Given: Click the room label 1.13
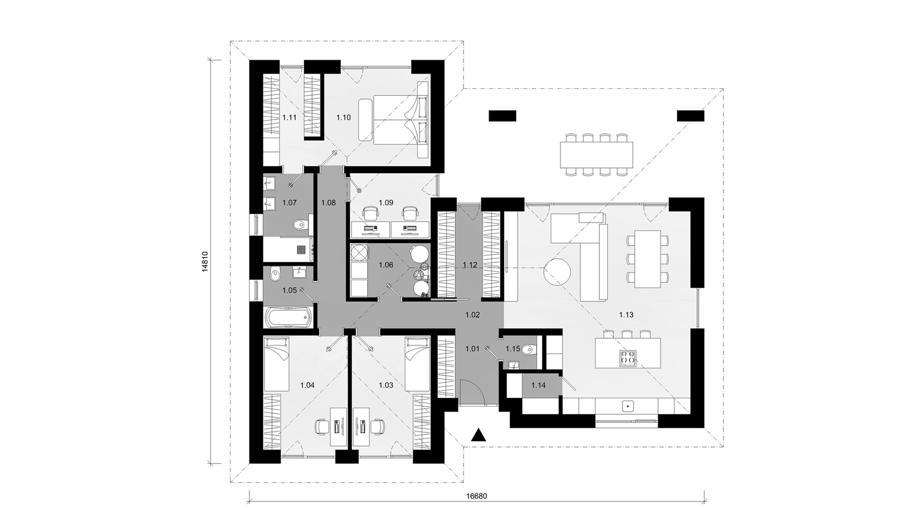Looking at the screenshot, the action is [626, 314].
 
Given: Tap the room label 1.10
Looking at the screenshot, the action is [343, 118].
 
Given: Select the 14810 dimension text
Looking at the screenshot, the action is [205, 262].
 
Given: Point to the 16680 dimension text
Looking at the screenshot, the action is [477, 496].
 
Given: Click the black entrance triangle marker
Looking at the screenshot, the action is [478, 436].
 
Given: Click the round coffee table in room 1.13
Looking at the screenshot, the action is [557, 272].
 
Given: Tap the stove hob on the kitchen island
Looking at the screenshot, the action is [627, 358].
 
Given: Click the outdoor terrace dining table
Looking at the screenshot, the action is [596, 154].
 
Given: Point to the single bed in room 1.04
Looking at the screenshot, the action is [276, 364].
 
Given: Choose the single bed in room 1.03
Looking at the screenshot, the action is [418, 364].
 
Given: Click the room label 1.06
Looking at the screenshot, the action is [386, 265].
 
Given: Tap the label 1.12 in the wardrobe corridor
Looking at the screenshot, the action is [470, 265].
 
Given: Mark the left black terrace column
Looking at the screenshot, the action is [503, 116].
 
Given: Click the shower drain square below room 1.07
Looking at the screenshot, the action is [301, 250].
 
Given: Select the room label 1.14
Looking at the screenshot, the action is [539, 385].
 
